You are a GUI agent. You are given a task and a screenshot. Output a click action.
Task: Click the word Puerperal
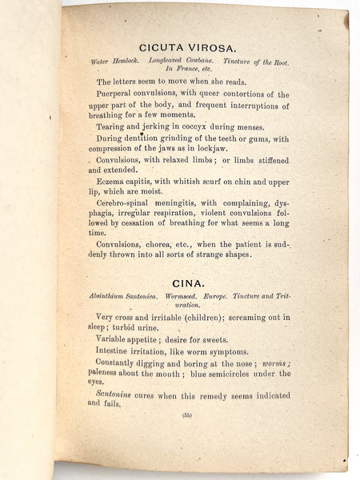point(119,94)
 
